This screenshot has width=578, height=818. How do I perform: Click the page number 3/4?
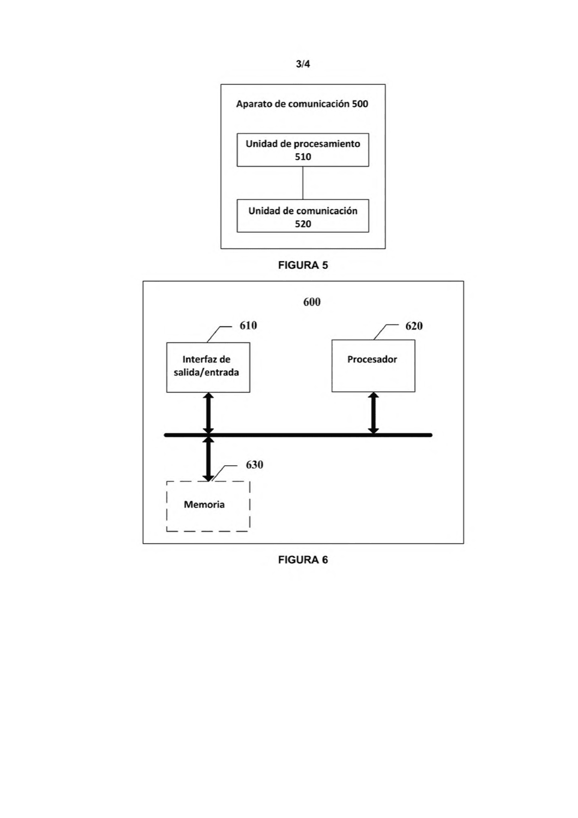(303, 64)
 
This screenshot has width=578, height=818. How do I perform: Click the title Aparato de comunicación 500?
(302, 104)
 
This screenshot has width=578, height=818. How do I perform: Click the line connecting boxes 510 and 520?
(303, 183)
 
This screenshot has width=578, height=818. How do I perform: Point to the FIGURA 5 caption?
(303, 266)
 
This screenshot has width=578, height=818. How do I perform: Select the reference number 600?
(312, 302)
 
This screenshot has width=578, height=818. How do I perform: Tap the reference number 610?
(248, 326)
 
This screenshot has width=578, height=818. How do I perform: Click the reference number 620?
(414, 326)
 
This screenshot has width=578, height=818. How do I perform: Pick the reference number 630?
(255, 465)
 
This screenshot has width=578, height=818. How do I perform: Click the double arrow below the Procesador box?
(373, 413)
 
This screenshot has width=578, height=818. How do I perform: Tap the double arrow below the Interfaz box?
(208, 413)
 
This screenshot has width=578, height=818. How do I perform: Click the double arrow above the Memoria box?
(208, 459)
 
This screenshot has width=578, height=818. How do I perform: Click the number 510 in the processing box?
(303, 157)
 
